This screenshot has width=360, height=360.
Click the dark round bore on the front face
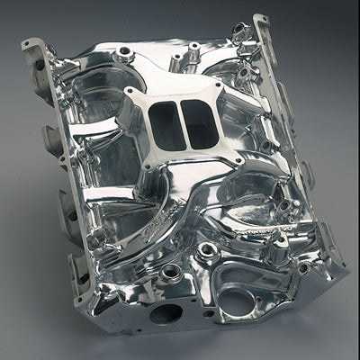[165, 314]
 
